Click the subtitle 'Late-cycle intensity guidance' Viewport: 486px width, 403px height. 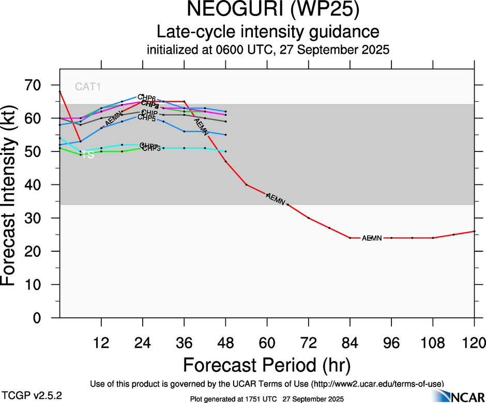pos(268,32)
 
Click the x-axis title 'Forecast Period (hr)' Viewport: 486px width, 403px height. pos(267,365)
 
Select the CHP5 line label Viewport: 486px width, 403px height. pos(146,119)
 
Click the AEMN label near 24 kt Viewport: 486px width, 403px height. pos(371,238)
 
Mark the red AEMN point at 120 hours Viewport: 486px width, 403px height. pos(474,231)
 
